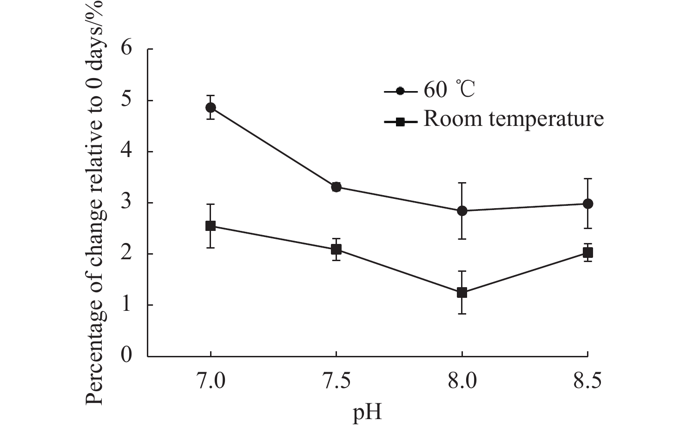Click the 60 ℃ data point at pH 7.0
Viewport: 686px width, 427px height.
coord(211,108)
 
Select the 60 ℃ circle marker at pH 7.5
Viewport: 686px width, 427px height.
coord(336,187)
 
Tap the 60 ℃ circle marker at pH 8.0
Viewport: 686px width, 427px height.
coord(462,211)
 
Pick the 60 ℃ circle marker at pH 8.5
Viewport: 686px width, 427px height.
coord(588,204)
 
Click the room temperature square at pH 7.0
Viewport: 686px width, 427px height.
coord(211,226)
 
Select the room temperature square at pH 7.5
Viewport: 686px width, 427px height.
coord(336,250)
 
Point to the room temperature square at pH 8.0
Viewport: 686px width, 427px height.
coord(462,293)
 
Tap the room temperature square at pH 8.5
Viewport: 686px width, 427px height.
coord(588,253)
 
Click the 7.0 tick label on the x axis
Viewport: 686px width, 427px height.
coord(211,381)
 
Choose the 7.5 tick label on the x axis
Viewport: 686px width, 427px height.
coord(336,381)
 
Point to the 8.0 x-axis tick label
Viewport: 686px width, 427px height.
coord(462,381)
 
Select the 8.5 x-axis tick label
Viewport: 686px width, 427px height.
coord(588,381)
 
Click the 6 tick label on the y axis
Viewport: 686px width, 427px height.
coord(126,49)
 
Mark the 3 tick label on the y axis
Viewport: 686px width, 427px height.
coord(126,203)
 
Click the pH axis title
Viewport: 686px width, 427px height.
coord(367,411)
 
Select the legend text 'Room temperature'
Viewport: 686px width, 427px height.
coord(514,119)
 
